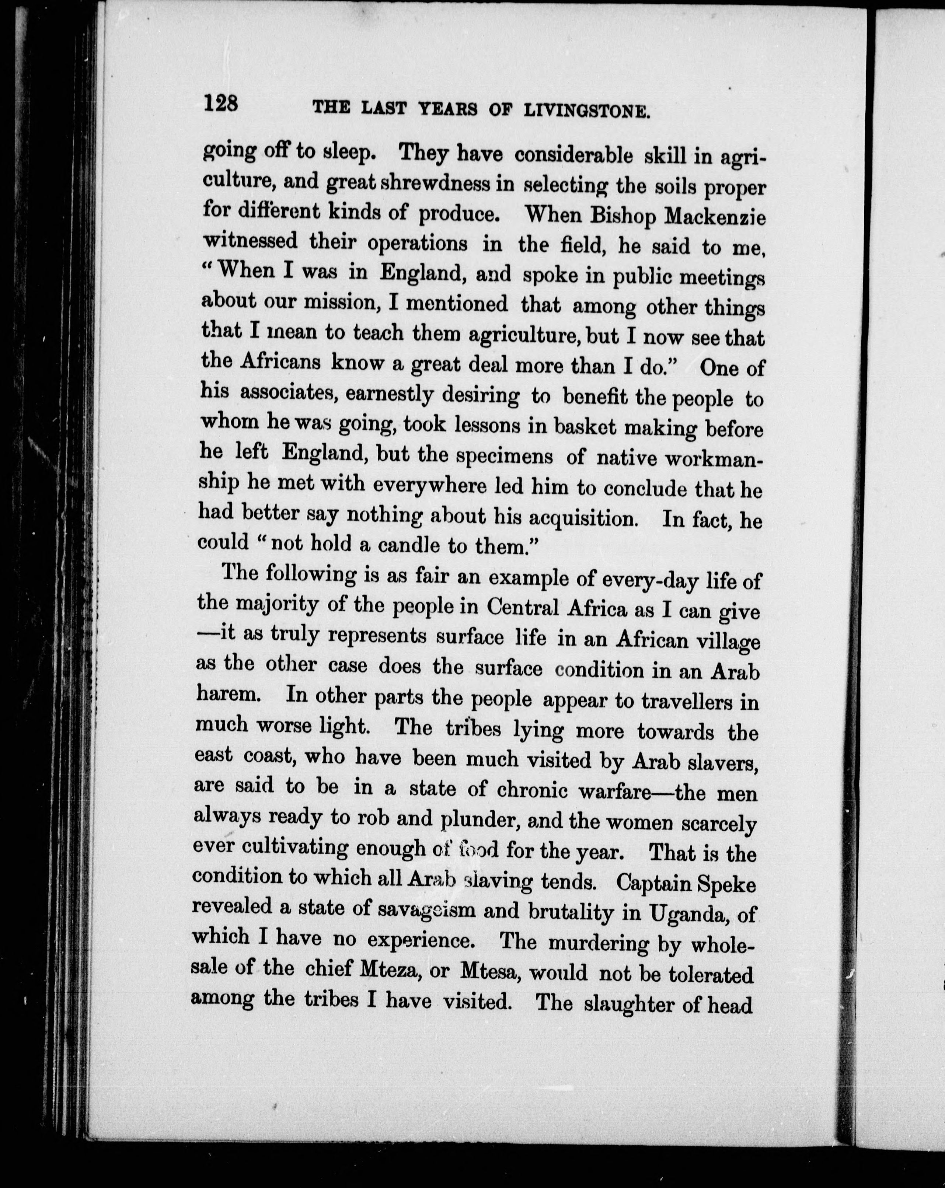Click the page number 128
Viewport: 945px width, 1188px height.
[x=220, y=103]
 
